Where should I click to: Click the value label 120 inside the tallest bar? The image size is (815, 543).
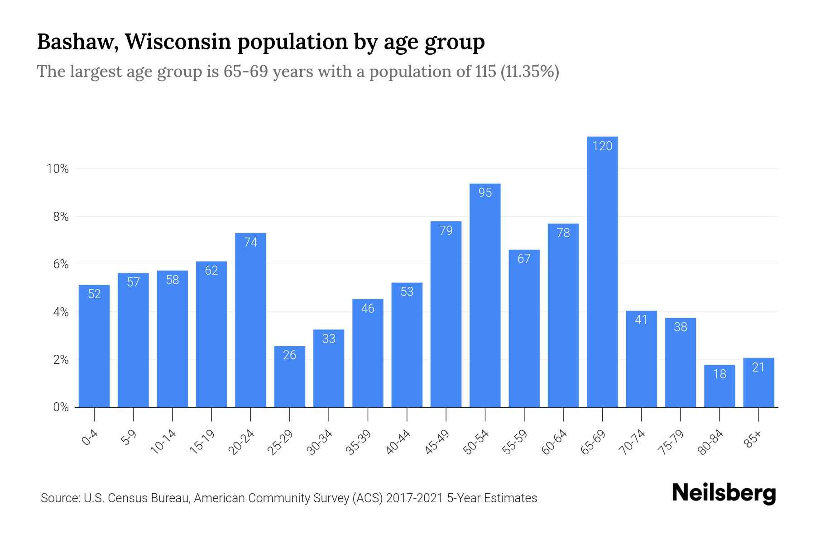tap(602, 146)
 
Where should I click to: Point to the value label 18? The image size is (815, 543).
tap(719, 374)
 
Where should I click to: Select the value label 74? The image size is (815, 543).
tap(250, 243)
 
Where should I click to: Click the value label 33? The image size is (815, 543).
tap(329, 339)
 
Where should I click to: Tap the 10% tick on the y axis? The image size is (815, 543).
tap(58, 169)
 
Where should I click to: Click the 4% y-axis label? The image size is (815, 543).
tap(61, 313)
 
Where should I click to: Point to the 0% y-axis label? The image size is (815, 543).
tap(61, 408)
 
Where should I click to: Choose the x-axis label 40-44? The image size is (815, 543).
tap(398, 442)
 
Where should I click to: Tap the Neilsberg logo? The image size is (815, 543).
tap(724, 494)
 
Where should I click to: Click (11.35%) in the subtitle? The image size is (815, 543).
tap(530, 71)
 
